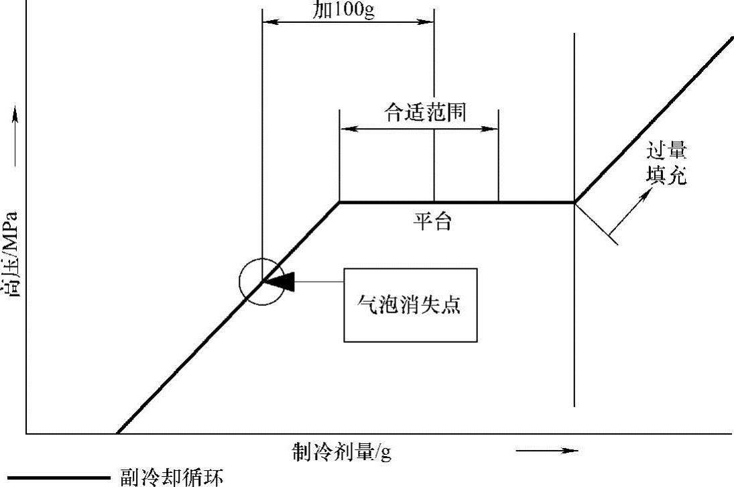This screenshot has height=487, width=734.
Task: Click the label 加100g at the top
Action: pos(344,11)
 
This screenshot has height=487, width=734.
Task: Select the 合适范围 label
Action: pos(425,112)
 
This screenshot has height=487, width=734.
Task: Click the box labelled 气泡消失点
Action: pos(410,305)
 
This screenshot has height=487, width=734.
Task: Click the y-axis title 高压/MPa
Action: pos(11,255)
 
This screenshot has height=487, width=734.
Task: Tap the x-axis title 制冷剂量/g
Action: pos(342,452)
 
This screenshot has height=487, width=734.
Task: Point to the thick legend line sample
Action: pos(58,478)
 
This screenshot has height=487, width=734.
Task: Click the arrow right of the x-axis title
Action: pos(547,451)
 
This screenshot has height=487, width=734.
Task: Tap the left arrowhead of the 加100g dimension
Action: pos(267,21)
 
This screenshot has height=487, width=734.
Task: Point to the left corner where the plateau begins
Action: pos(340,202)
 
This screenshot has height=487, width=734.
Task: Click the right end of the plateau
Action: pos(574,202)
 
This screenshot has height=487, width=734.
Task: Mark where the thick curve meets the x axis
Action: pos(117,433)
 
